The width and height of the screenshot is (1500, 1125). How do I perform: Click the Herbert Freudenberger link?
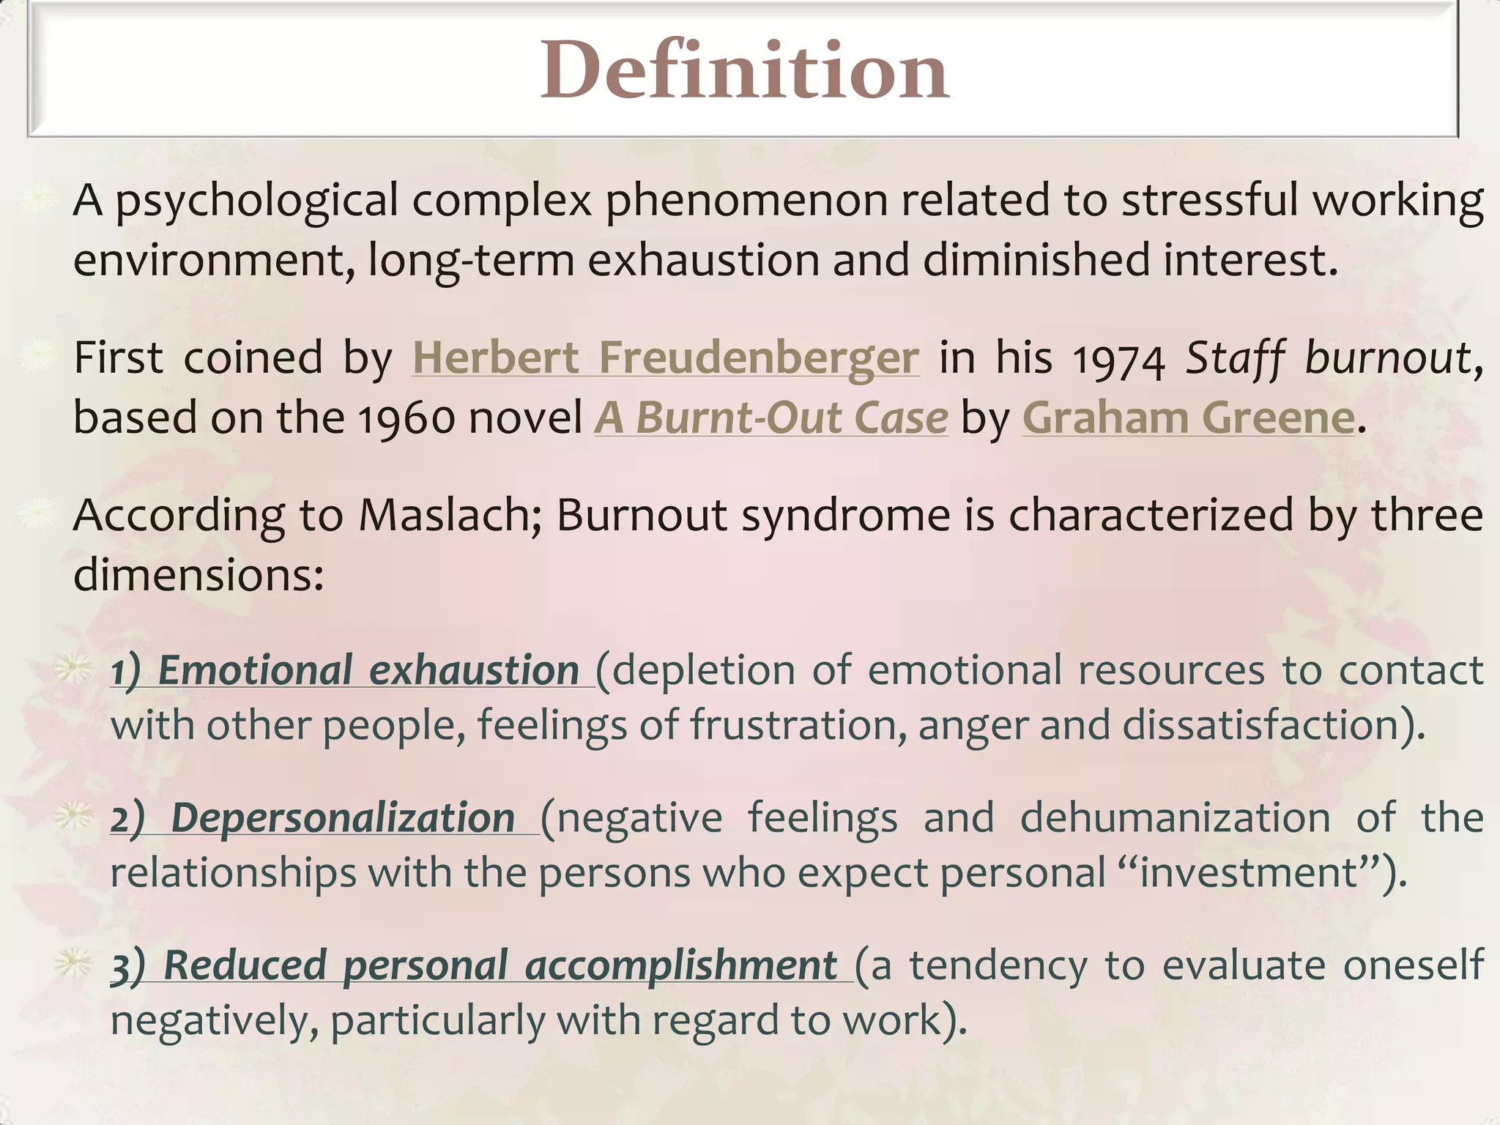(665, 358)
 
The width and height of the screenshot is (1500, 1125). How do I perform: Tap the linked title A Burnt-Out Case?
(771, 418)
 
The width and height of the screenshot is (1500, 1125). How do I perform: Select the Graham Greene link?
(1188, 418)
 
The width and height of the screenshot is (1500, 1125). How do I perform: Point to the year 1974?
(1118, 360)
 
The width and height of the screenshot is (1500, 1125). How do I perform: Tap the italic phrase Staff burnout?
(1327, 358)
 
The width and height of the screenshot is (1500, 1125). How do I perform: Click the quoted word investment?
(1249, 874)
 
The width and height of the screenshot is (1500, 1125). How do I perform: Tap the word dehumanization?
(1175, 818)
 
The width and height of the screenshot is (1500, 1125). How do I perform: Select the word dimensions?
(198, 575)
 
